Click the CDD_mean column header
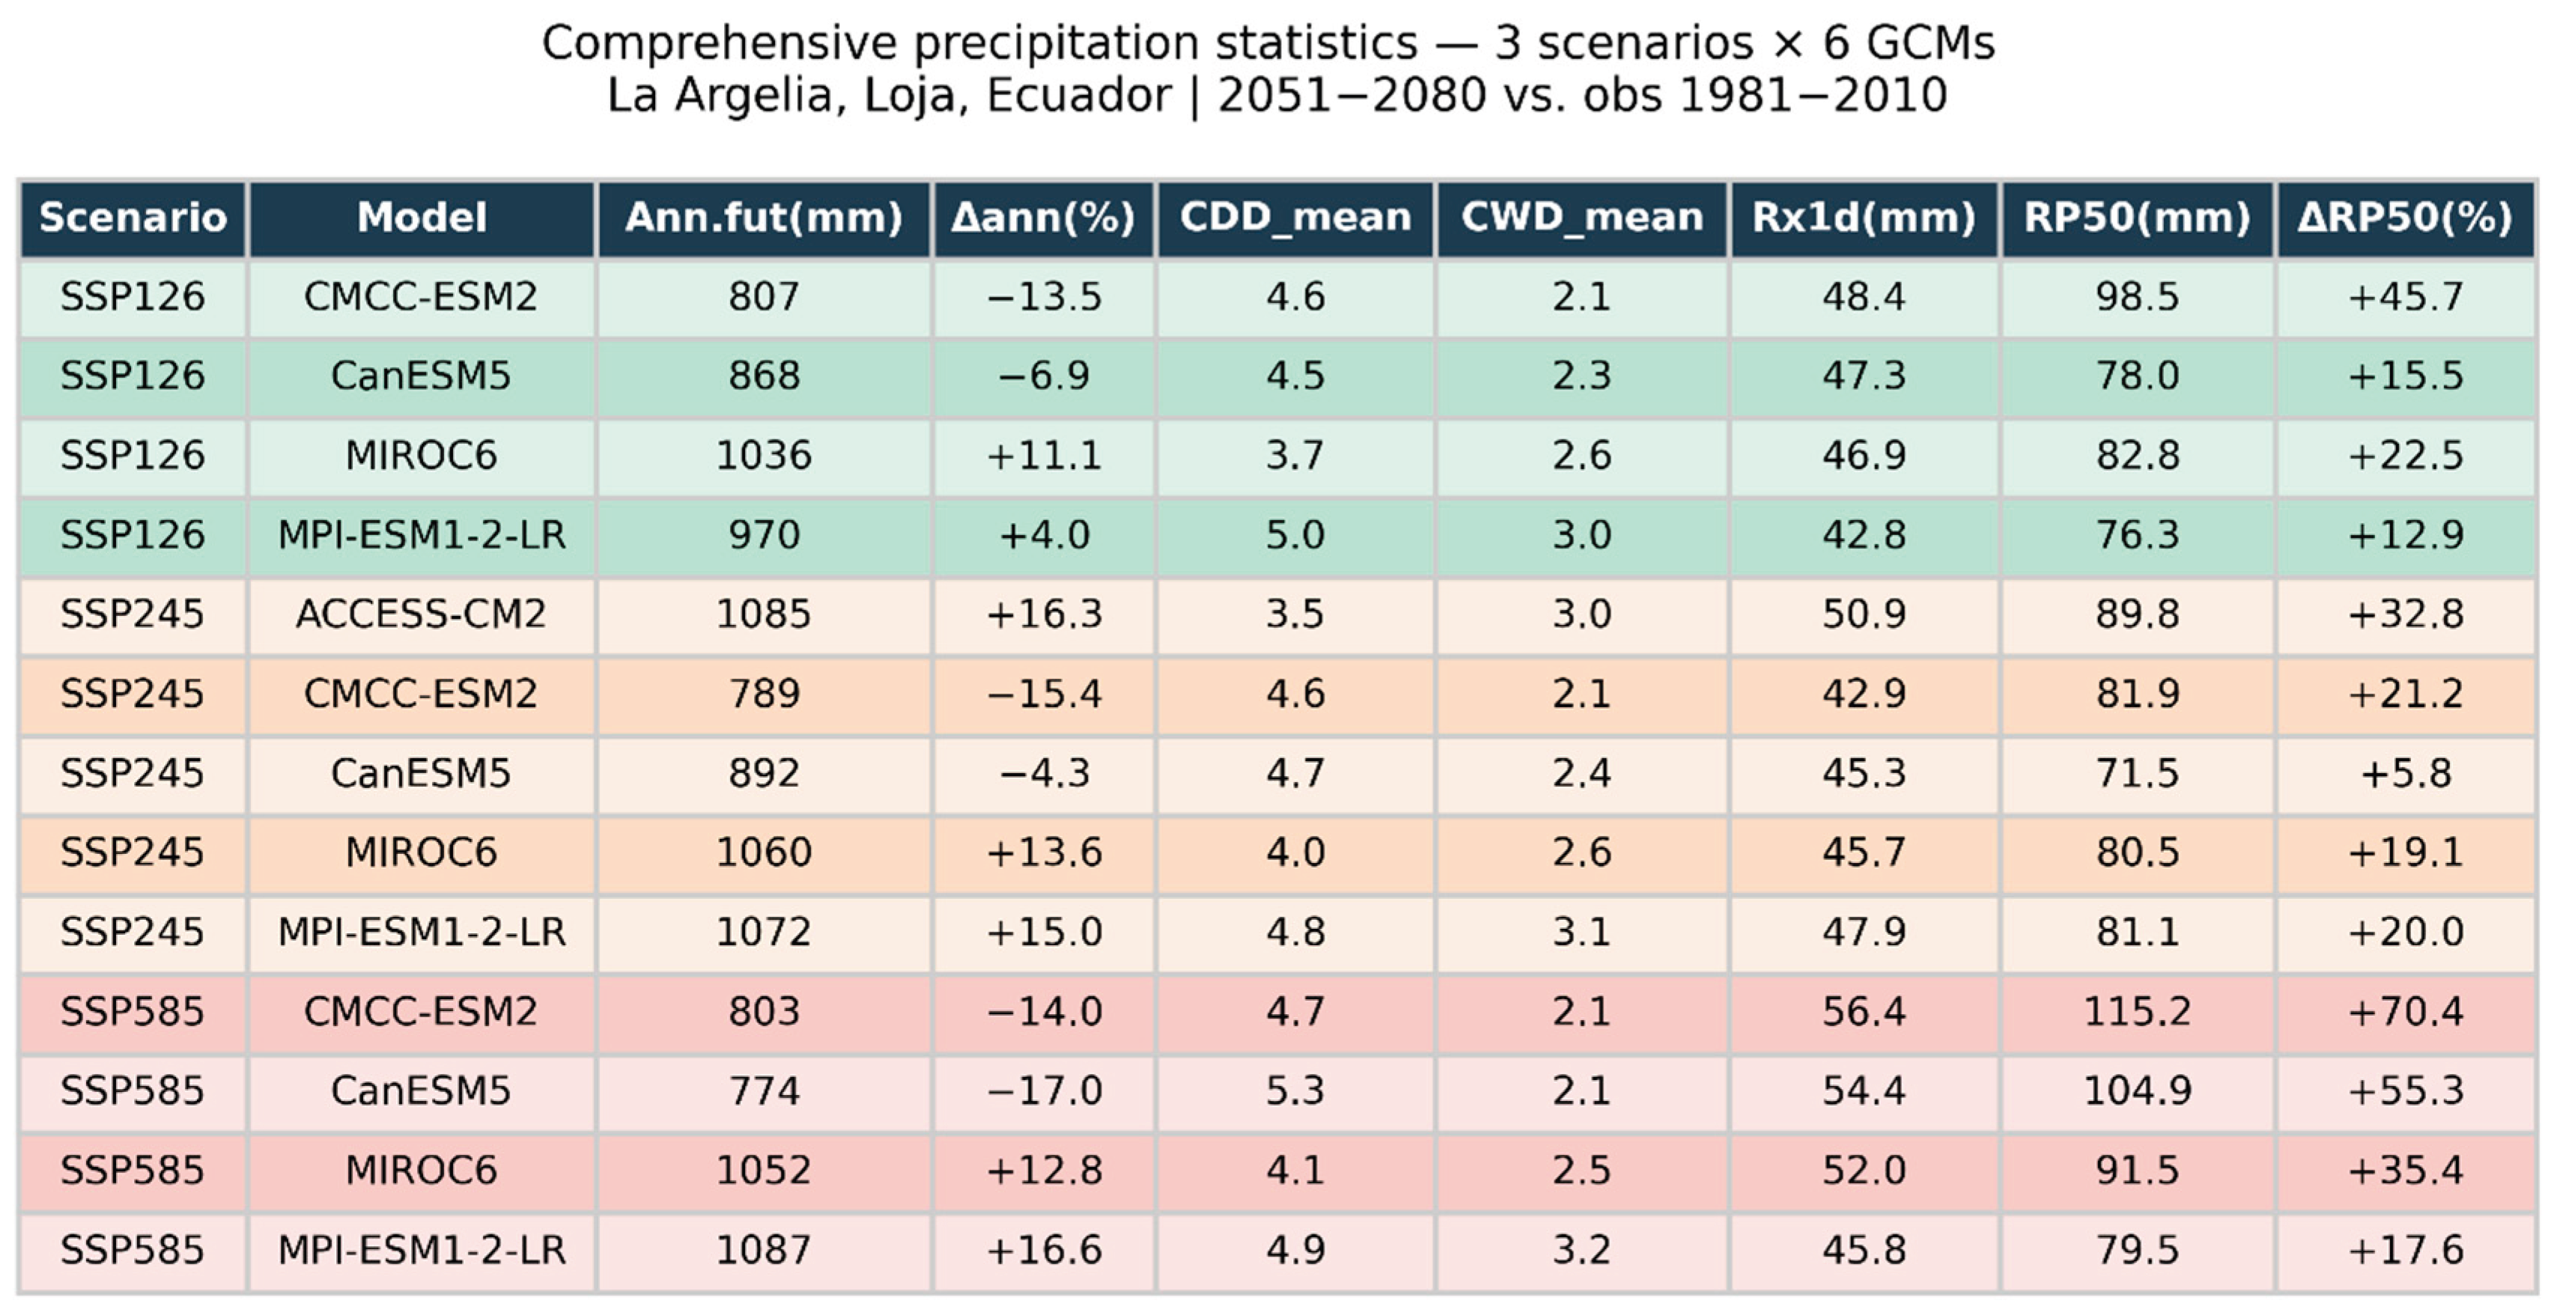pos(1295,217)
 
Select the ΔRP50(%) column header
pos(2405,217)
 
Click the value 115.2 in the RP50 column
pos(2136,1011)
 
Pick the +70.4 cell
pos(2405,1011)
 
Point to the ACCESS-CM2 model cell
pos(421,614)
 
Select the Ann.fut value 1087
pos(763,1249)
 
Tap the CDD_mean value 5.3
pos(1295,1090)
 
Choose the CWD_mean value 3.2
pos(1581,1249)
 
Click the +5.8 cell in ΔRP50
pos(2405,773)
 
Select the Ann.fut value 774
pos(763,1090)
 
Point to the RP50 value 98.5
pos(2136,296)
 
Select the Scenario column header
pos(133,217)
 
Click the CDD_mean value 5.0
pos(1295,535)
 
